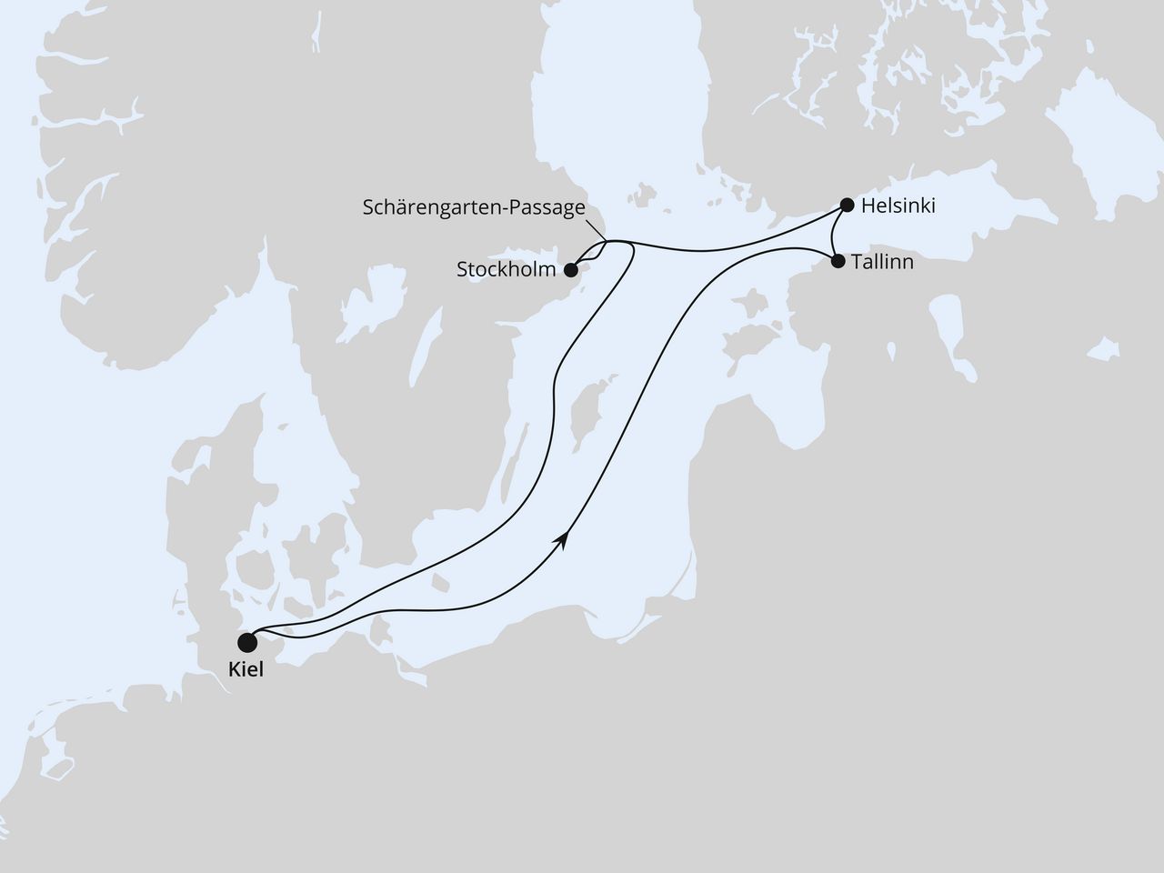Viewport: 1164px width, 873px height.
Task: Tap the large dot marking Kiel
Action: (x=246, y=643)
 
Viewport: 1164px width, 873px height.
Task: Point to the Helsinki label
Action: (x=898, y=206)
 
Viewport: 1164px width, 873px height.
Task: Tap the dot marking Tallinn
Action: (x=838, y=262)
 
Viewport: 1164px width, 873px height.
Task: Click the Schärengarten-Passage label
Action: (x=474, y=207)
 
